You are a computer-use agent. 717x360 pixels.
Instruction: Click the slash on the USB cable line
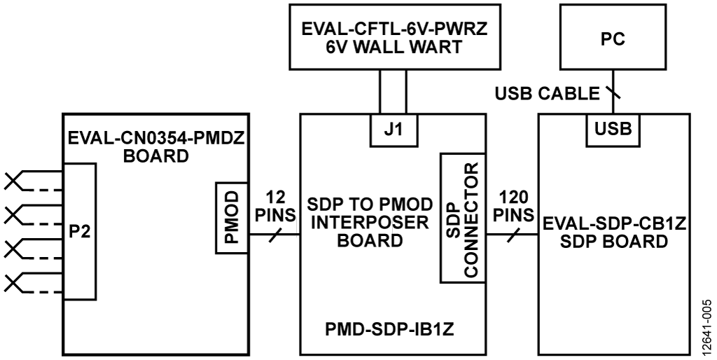(x=614, y=94)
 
